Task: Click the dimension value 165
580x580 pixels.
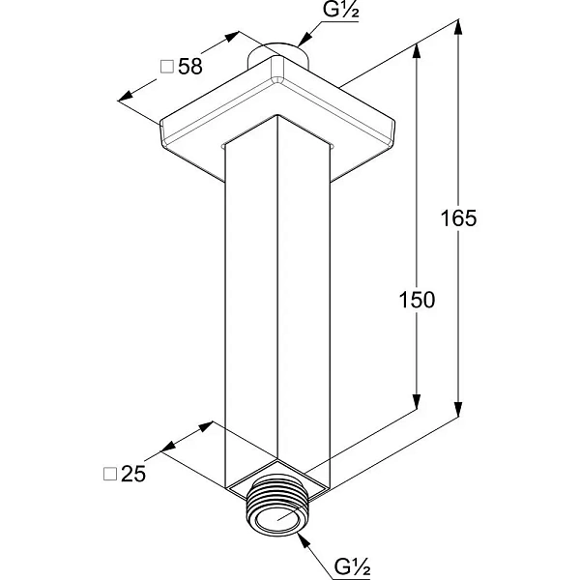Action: tap(458, 217)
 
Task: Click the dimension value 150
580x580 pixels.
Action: tap(417, 300)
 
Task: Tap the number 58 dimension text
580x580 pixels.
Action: tap(190, 67)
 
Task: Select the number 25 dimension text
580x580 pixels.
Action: tap(133, 473)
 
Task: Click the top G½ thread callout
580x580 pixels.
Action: tap(340, 10)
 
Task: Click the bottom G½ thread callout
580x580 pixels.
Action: tap(352, 566)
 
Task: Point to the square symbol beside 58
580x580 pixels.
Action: tap(167, 67)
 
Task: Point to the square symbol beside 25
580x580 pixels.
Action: tap(110, 474)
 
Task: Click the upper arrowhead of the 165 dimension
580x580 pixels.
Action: tap(458, 27)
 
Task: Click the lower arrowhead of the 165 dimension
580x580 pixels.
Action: tap(458, 409)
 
